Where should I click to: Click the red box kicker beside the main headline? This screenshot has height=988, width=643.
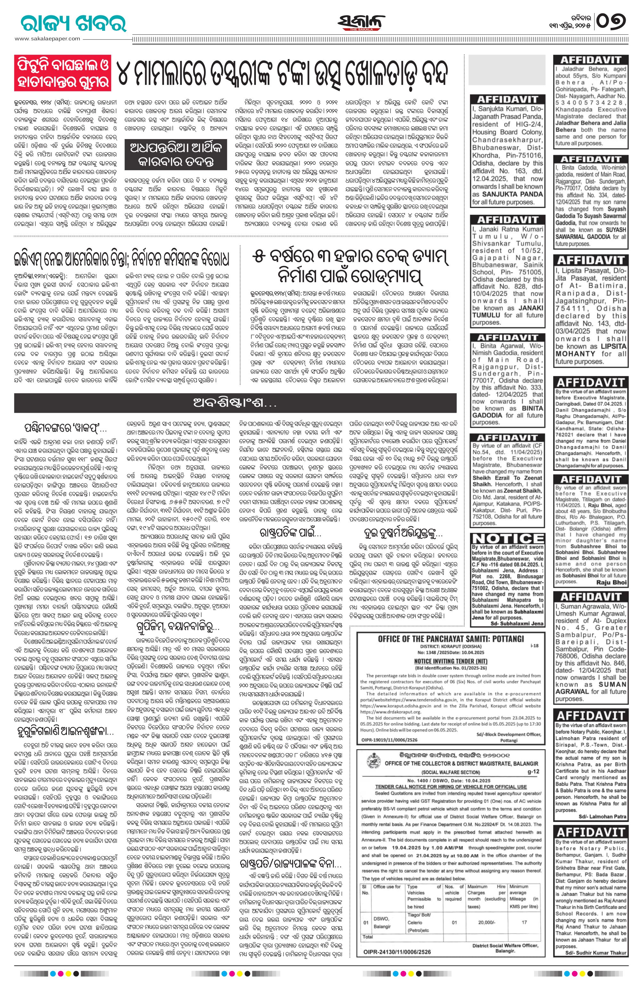pyautogui.click(x=63, y=72)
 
